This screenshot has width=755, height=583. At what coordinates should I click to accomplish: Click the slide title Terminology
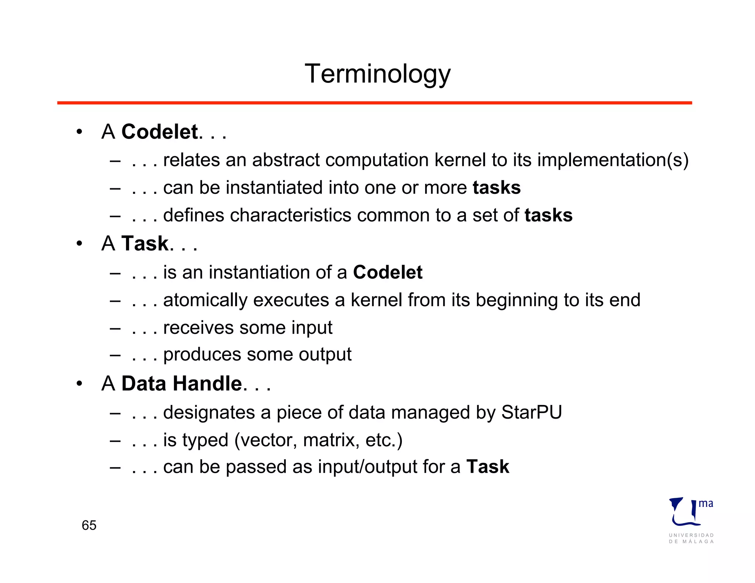377,74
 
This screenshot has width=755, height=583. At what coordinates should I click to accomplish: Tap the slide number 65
89,525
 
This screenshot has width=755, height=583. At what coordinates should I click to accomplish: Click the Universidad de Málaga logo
691,520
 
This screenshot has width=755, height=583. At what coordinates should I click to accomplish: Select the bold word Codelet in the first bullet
160,132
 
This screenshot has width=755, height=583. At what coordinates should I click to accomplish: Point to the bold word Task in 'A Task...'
145,243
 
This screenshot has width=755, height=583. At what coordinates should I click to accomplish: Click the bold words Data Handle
182,383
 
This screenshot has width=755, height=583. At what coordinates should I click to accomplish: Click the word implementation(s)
613,160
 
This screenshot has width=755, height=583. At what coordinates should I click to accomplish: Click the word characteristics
290,215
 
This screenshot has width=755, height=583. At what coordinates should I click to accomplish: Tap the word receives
199,328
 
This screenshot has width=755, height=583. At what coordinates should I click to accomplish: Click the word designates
209,412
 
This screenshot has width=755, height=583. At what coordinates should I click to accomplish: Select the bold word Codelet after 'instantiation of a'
387,272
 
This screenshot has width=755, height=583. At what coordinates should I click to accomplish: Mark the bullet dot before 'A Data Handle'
79,384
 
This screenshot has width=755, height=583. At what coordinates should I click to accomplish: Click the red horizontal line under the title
375,103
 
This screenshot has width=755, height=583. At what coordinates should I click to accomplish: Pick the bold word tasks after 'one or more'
497,188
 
